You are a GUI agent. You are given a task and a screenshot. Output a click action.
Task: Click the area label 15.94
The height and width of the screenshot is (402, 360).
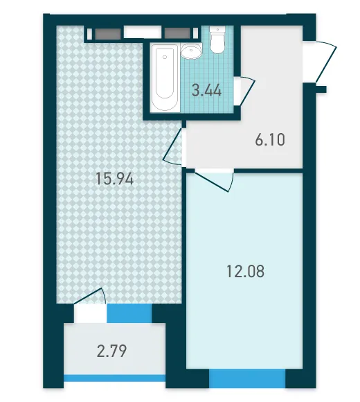click(114, 179)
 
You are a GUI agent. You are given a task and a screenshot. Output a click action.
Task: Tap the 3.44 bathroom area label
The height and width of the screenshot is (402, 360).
click(206, 91)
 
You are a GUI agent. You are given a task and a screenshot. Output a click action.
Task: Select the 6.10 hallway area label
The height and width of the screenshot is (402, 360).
click(270, 140)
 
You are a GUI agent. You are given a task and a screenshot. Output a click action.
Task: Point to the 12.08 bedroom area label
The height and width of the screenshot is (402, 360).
click(246, 272)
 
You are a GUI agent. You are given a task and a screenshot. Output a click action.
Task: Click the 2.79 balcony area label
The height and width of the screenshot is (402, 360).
click(111, 351)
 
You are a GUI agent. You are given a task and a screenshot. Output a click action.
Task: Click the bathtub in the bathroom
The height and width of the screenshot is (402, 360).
click(165, 78)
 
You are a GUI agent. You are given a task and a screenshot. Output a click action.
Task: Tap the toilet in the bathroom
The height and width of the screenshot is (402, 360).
click(217, 40)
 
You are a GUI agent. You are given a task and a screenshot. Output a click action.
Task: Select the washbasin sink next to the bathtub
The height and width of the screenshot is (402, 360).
click(191, 51)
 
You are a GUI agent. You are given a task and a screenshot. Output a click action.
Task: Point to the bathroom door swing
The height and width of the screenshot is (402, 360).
click(246, 90)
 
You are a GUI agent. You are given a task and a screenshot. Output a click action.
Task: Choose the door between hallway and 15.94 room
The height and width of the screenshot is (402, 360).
click(172, 147)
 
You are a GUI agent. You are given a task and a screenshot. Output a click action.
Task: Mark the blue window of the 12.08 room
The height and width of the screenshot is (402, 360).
click(247, 378)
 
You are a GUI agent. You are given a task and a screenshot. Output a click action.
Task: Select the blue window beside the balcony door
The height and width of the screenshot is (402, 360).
click(129, 313)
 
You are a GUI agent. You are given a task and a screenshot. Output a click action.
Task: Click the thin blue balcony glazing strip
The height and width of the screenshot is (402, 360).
click(114, 378)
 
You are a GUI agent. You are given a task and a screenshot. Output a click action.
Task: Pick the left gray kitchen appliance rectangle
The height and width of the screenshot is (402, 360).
click(108, 34)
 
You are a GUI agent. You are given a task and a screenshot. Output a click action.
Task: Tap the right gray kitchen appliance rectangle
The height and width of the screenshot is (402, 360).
click(177, 33)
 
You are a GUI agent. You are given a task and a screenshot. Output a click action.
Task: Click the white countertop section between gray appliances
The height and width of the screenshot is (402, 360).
click(143, 33)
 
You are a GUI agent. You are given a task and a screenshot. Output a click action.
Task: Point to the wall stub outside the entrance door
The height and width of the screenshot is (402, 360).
click(321, 89)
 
